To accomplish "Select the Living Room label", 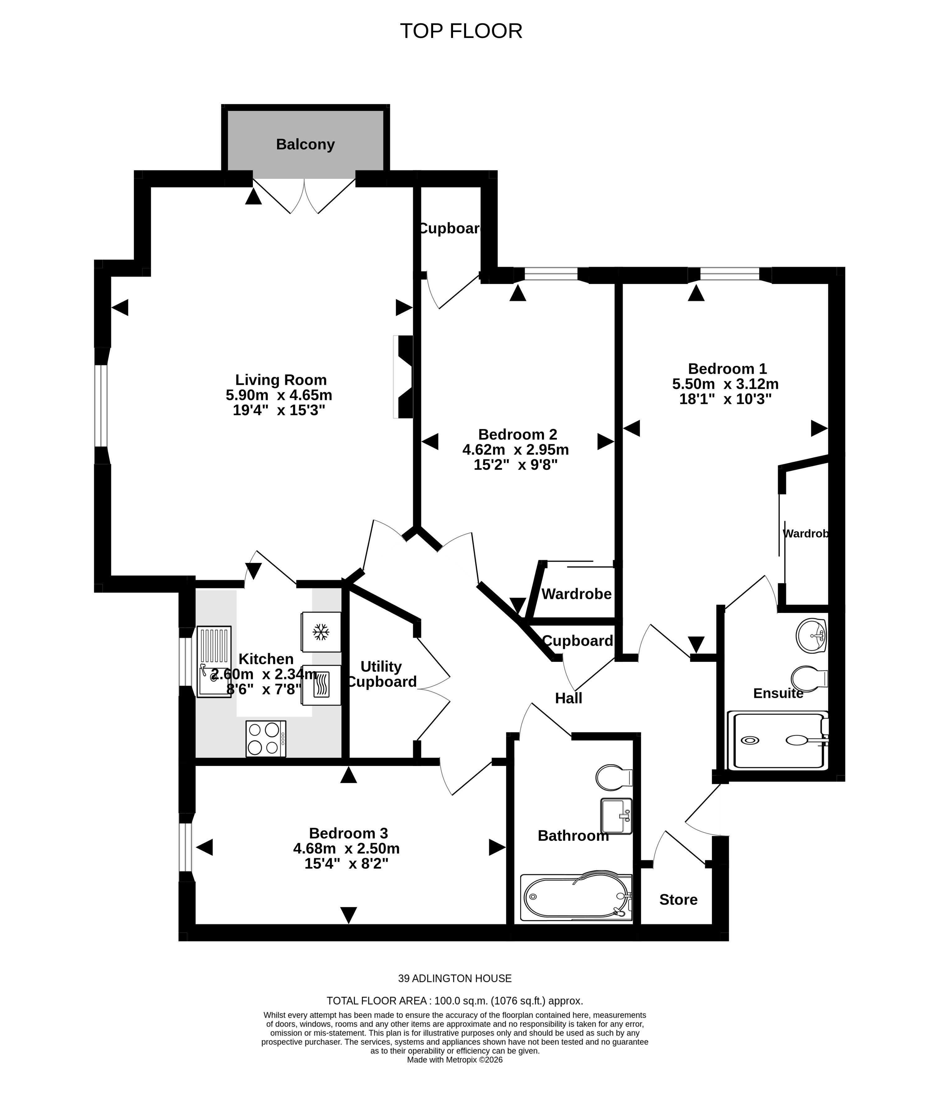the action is [x=281, y=380].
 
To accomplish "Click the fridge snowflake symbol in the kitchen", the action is [x=321, y=633].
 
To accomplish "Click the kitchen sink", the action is [x=214, y=662].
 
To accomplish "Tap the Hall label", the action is [x=568, y=698].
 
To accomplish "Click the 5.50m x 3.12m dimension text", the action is [x=725, y=384].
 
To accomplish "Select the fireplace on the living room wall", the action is [x=404, y=377].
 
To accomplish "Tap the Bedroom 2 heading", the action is [x=517, y=434].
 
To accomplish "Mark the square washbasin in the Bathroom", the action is [x=617, y=816].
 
